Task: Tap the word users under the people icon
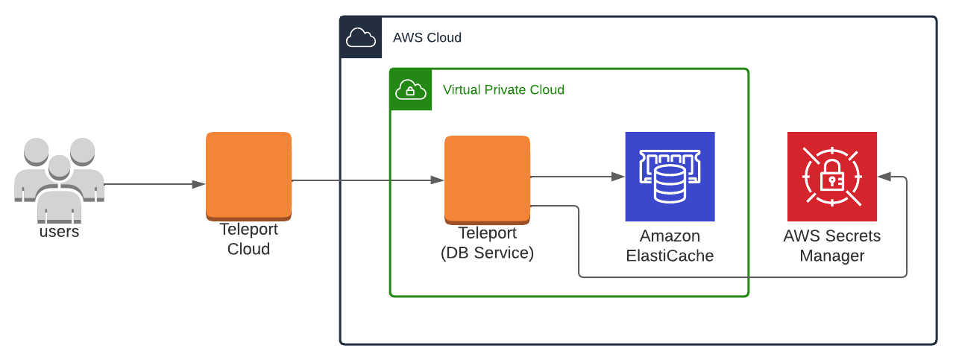point(59,232)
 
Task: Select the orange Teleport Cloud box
point(248,176)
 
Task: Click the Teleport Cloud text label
point(248,239)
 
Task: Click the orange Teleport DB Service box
point(487,179)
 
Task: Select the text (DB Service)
point(487,253)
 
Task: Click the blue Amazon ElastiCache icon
point(670,177)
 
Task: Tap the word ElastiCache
point(670,256)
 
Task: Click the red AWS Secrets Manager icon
point(831,177)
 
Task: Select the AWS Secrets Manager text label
point(831,246)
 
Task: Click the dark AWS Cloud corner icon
point(361,37)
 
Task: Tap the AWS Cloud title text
point(427,37)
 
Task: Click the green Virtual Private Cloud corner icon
point(410,89)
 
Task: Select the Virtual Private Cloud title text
point(503,89)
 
